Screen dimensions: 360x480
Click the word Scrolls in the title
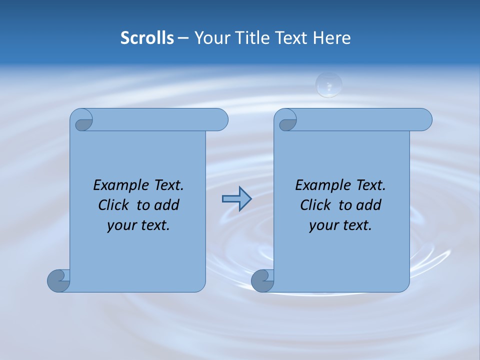pyautogui.click(x=147, y=38)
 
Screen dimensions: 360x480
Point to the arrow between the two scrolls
pyautogui.click(x=236, y=199)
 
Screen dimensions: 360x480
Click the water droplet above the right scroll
pyautogui.click(x=328, y=84)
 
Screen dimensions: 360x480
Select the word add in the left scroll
pyautogui.click(x=166, y=205)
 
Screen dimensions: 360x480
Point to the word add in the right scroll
pyautogui.click(x=368, y=205)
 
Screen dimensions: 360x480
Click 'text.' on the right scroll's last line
pyautogui.click(x=358, y=225)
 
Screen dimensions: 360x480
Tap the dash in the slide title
pyautogui.click(x=183, y=38)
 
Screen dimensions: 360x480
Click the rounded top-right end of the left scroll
pyautogui.click(x=220, y=119)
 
